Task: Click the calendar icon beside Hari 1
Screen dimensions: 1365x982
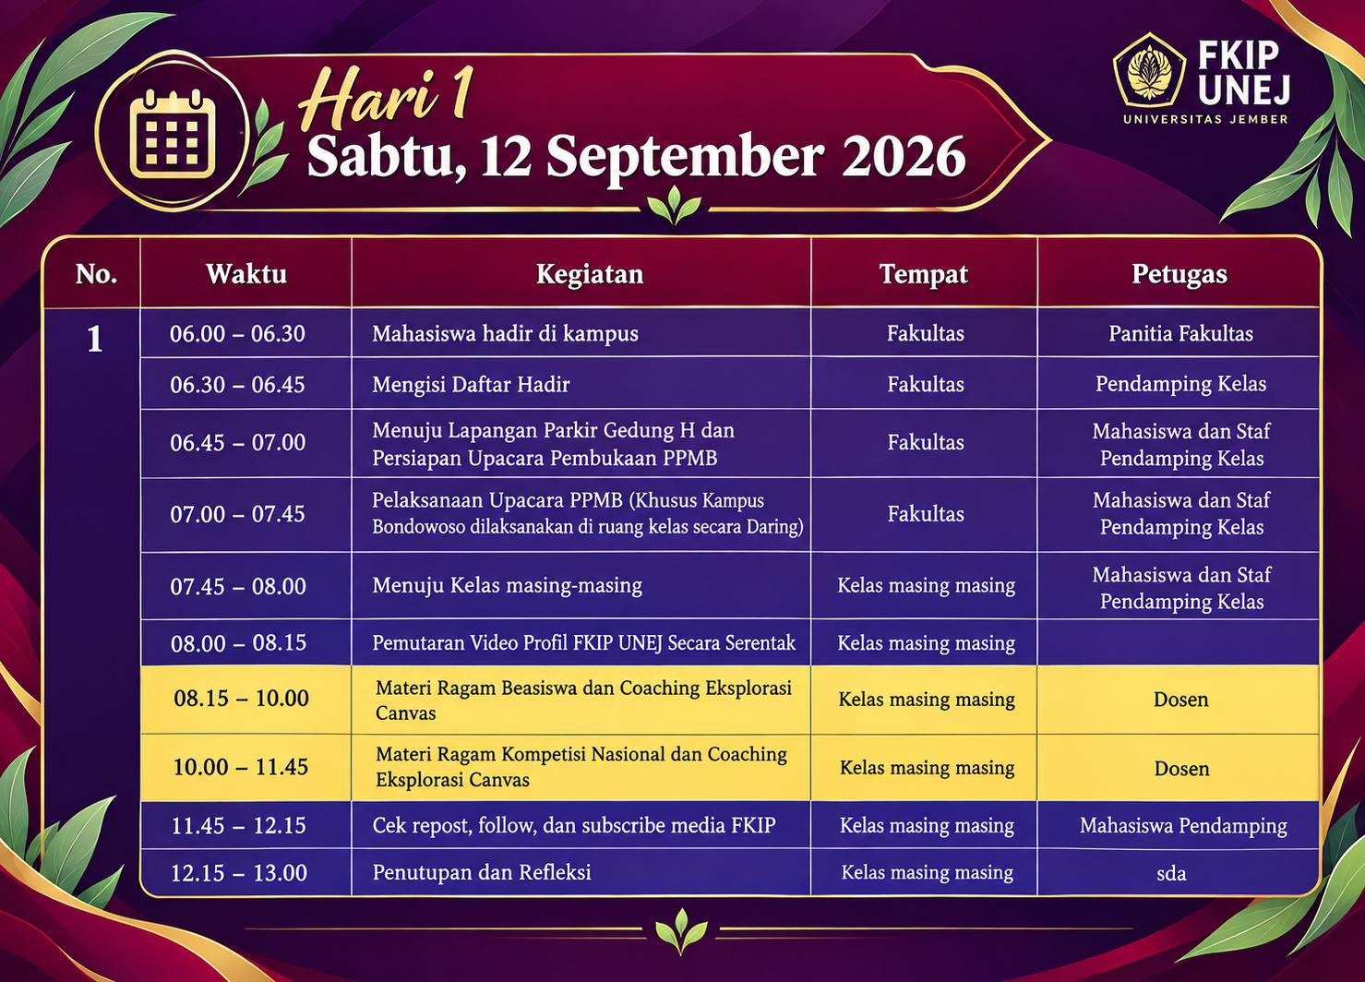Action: coord(174,134)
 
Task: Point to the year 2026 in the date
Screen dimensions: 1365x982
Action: coord(904,157)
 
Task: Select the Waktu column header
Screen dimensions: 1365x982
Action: coord(246,274)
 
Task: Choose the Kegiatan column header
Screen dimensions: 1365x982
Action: coord(590,274)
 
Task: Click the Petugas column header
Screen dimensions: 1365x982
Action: coord(1179,274)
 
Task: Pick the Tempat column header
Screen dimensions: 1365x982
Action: coord(923,274)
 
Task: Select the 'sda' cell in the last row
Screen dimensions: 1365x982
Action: coord(1171,873)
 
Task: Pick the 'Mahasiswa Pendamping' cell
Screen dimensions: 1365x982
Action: coord(1183,826)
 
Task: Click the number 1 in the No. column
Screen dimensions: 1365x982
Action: coord(94,339)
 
